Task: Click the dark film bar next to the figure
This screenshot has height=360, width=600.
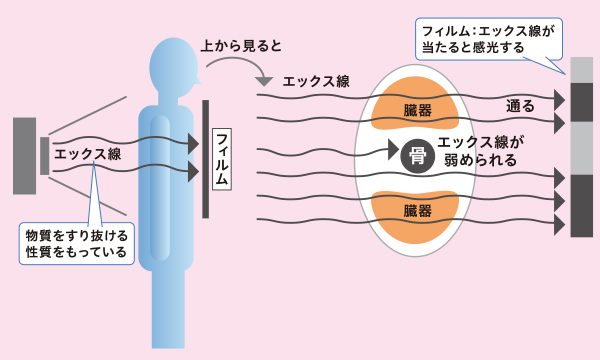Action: point(206,158)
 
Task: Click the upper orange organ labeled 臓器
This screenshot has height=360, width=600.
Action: point(413,105)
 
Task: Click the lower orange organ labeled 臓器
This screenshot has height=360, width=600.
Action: point(413,209)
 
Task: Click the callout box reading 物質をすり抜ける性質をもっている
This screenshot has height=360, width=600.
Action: point(77,243)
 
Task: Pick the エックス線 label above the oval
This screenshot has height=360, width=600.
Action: point(316,80)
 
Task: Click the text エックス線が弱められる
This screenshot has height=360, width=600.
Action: point(481,151)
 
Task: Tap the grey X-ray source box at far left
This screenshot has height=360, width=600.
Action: point(24,156)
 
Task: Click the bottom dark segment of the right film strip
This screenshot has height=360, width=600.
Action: point(582,204)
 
